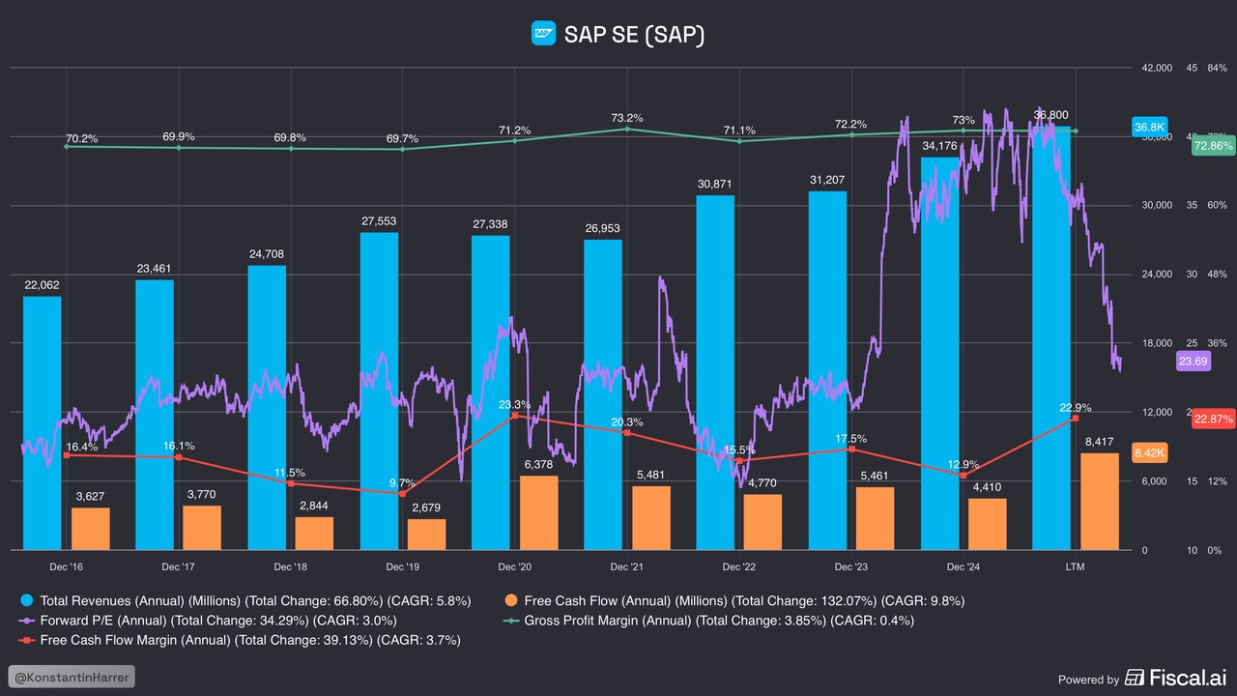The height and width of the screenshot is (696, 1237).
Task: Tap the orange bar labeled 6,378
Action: pyautogui.click(x=538, y=512)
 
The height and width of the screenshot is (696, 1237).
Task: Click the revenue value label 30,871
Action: pyautogui.click(x=715, y=184)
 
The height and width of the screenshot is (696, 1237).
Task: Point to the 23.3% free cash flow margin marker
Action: pyautogui.click(x=514, y=416)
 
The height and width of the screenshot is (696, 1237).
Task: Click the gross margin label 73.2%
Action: pyautogui.click(x=627, y=118)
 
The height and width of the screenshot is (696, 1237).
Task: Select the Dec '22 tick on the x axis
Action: pyautogui.click(x=738, y=566)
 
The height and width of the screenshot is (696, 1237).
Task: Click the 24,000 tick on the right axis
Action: pyautogui.click(x=1157, y=275)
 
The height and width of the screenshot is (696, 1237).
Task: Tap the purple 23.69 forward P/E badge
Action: pyautogui.click(x=1193, y=362)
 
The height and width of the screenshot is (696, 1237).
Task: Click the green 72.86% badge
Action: pyautogui.click(x=1213, y=146)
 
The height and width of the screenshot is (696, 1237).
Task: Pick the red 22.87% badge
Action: pyautogui.click(x=1213, y=419)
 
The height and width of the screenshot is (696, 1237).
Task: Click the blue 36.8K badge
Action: pyautogui.click(x=1150, y=127)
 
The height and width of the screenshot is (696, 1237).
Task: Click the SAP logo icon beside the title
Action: pyautogui.click(x=543, y=34)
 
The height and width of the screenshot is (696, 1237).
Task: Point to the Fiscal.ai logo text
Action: pyautogui.click(x=1179, y=678)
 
